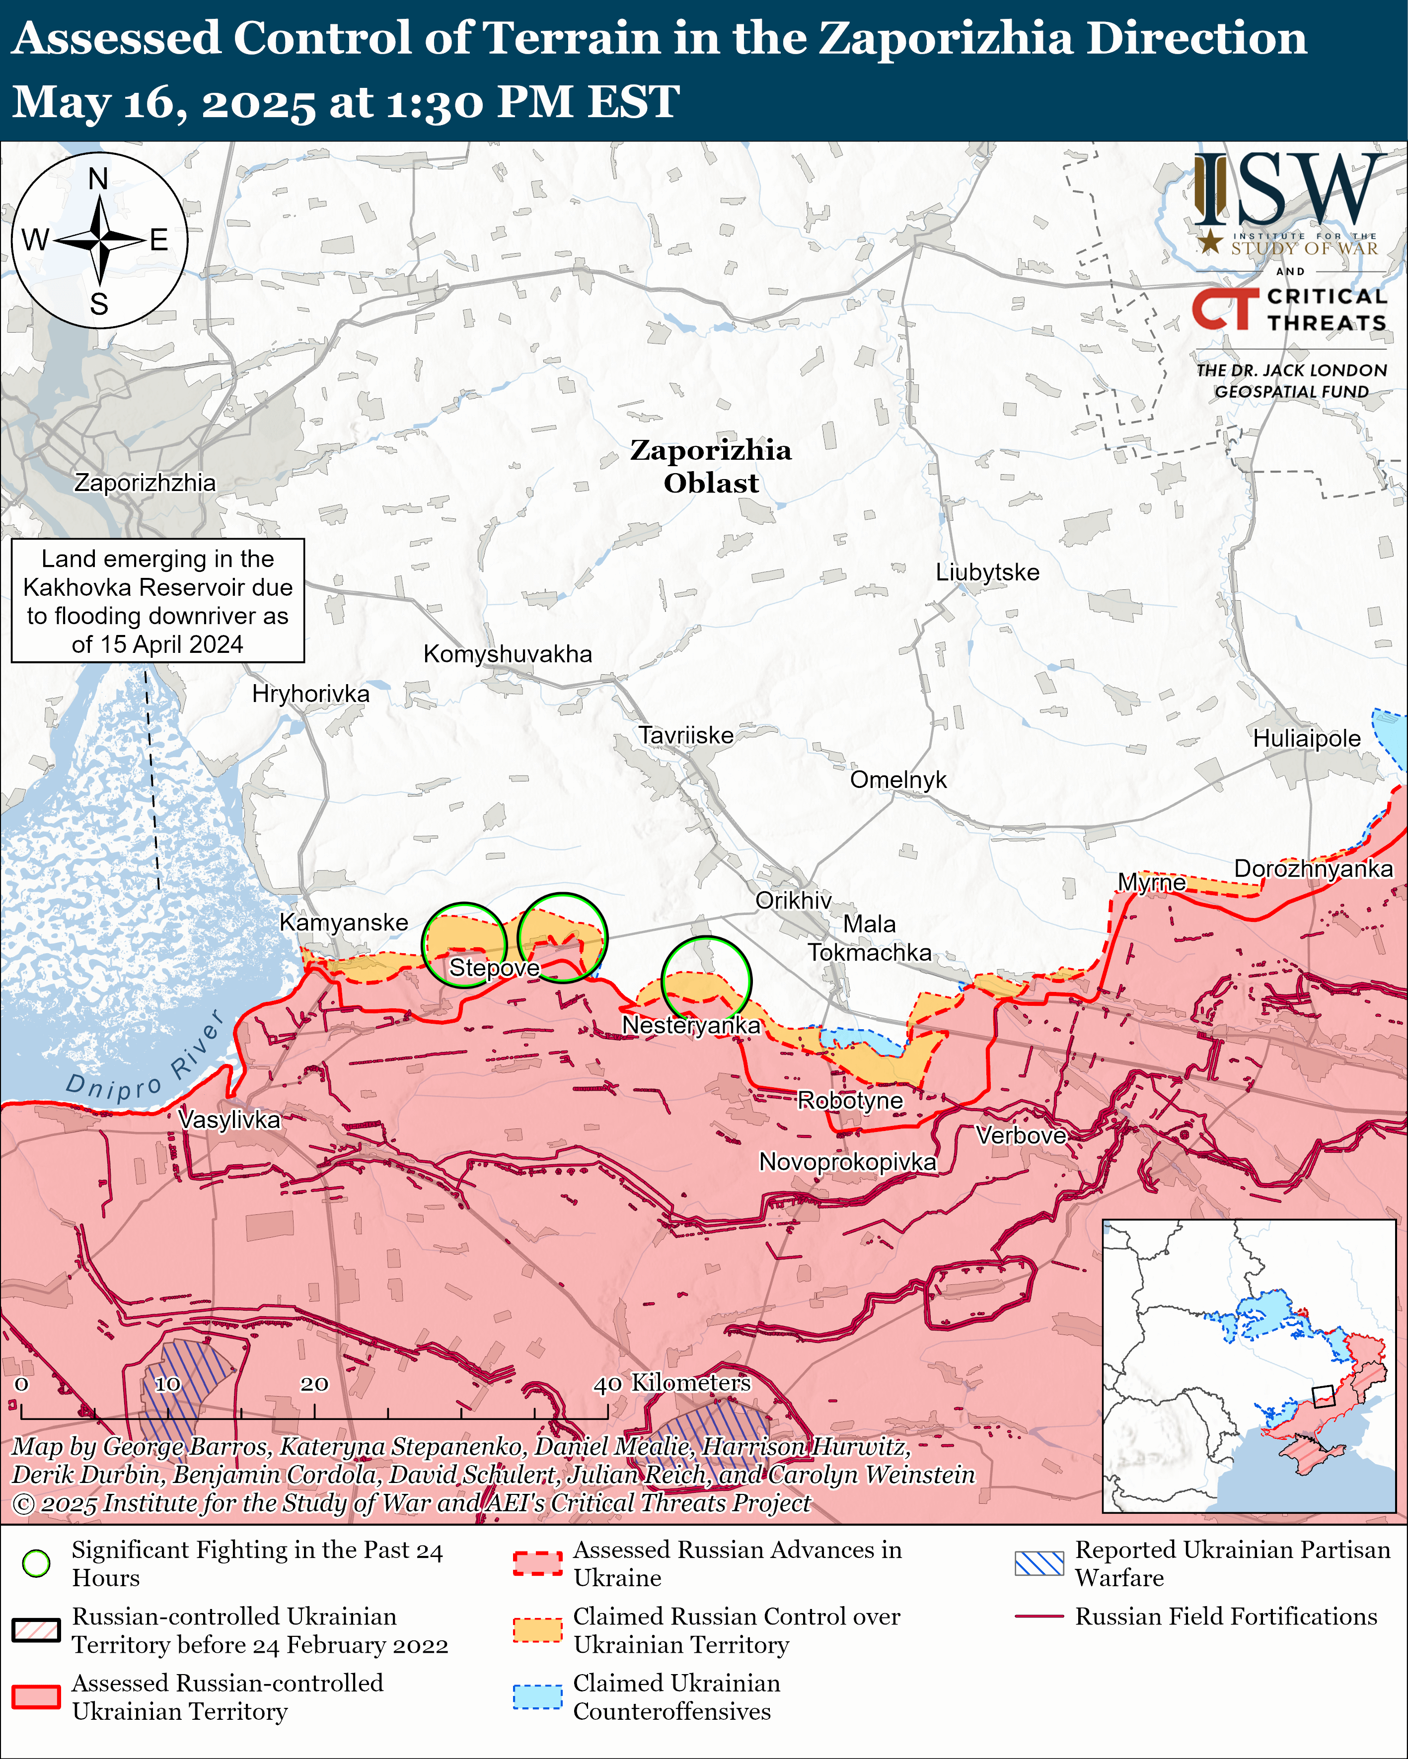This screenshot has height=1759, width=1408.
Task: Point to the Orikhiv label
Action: (793, 900)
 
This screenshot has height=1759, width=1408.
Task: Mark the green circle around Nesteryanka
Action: (705, 979)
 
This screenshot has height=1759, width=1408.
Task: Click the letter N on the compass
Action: (98, 179)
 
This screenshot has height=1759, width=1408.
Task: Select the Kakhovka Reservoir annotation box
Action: (157, 600)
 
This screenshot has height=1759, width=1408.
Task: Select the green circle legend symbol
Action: (36, 1563)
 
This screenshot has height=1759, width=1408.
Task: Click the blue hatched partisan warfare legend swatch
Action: (1039, 1563)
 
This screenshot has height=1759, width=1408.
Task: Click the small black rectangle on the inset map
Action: (1322, 1396)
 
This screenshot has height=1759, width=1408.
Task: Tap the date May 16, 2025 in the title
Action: (163, 103)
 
